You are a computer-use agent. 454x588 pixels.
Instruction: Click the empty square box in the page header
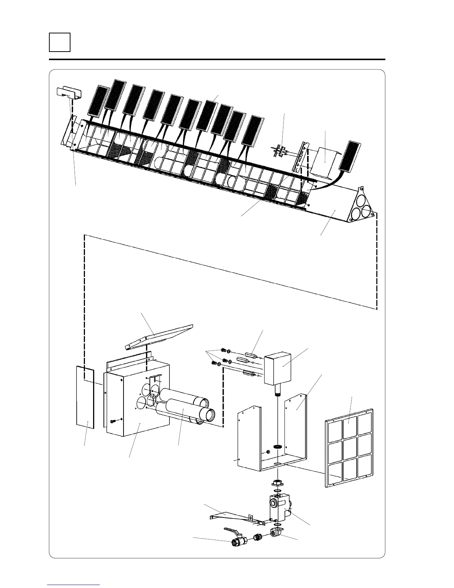[x=60, y=42]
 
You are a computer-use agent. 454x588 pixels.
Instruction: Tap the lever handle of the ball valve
[x=233, y=528]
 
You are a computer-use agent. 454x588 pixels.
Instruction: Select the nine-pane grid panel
[x=349, y=448]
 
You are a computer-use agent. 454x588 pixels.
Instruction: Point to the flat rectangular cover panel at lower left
[x=85, y=397]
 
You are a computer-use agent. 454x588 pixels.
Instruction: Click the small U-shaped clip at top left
[x=68, y=94]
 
